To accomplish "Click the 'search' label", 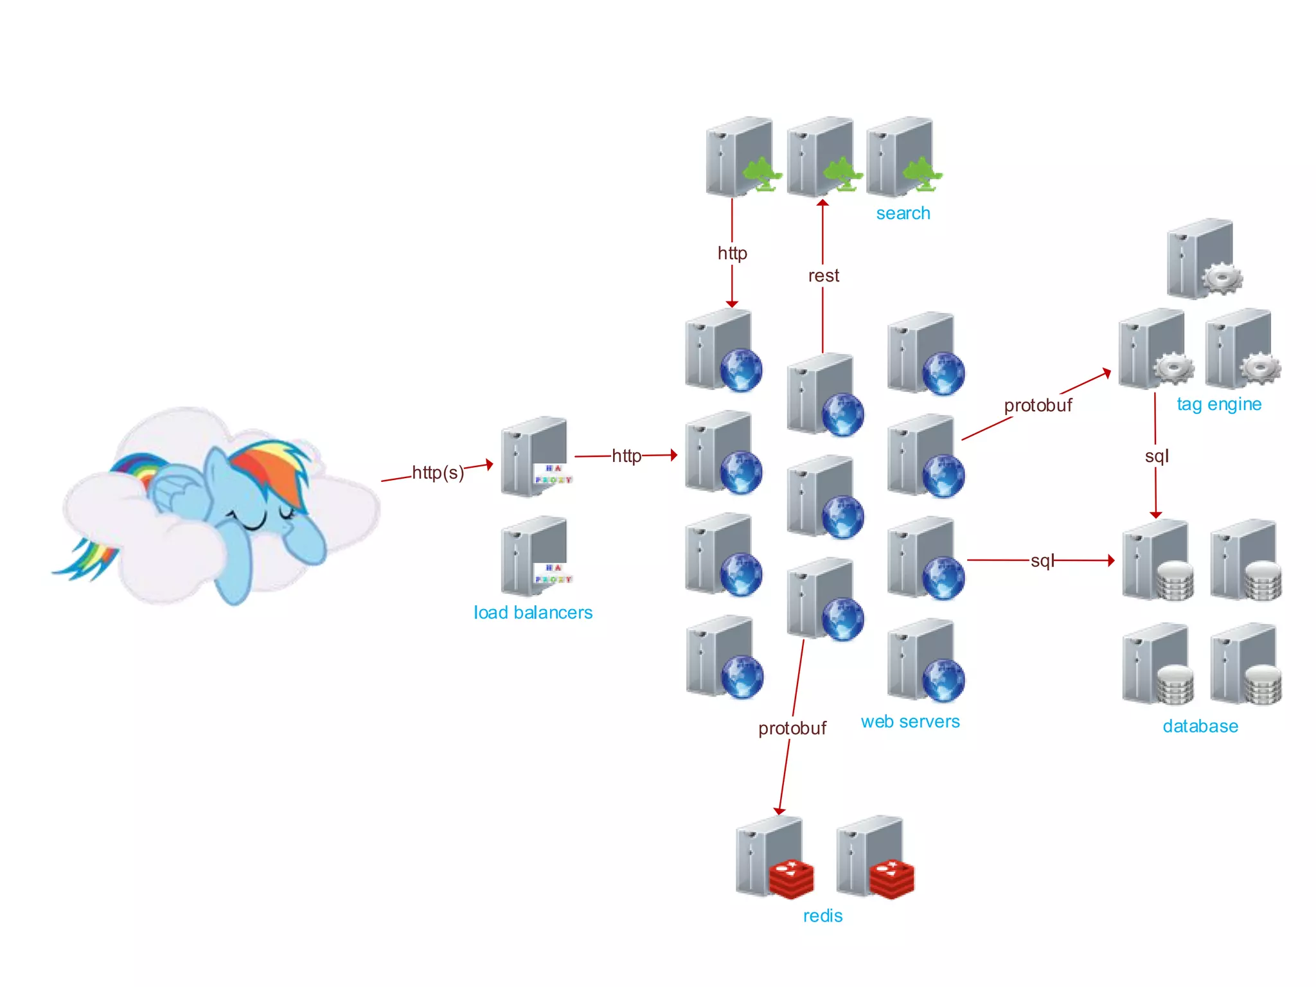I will point(903,213).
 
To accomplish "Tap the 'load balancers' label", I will point(533,612).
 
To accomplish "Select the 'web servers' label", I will point(910,722).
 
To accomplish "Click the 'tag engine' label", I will point(1219,404).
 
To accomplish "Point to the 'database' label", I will point(1200,726).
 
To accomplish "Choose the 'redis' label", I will point(822,916).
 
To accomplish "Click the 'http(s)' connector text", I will point(438,473).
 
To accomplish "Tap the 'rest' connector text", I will point(823,276).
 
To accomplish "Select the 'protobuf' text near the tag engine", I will point(1038,405).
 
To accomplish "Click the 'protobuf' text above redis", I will point(792,728).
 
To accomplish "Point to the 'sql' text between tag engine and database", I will point(1157,456).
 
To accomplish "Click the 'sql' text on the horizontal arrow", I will point(1042,561).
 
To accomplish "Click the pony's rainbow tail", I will point(87,559).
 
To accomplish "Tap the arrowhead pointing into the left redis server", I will point(779,811).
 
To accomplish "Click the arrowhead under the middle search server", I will point(822,204).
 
